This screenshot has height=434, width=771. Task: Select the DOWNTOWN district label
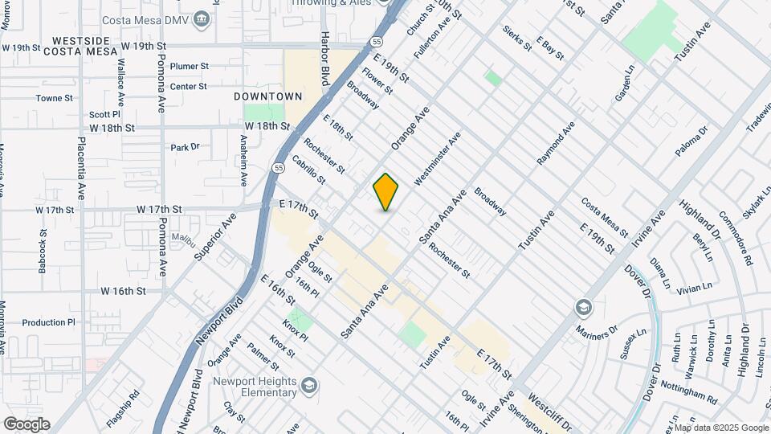point(267,96)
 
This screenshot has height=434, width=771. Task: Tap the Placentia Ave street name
point(82,168)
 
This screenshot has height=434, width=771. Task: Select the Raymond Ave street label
point(556,144)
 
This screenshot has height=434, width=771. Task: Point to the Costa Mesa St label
point(604,214)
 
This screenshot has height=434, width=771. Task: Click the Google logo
point(27,424)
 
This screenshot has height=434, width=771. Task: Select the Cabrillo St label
point(308,169)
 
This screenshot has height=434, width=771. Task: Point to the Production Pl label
point(48,322)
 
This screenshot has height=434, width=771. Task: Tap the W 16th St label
point(123,291)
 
